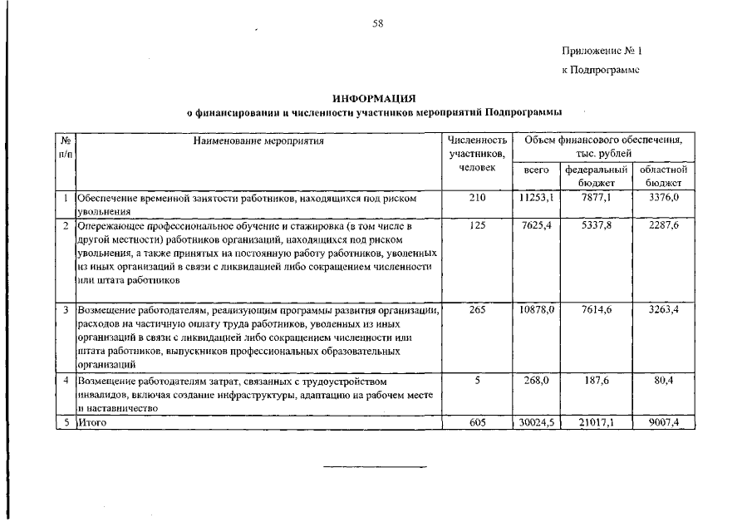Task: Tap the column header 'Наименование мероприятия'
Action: (258, 141)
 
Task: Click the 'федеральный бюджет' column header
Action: (595, 175)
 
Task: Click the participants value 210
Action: (477, 199)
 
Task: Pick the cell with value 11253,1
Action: (537, 199)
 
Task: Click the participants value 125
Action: (477, 225)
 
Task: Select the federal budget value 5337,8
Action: (595, 225)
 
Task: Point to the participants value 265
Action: (477, 309)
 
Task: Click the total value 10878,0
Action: (537, 309)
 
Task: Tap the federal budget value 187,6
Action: (595, 380)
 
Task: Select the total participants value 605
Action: (477, 423)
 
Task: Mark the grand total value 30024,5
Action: (537, 423)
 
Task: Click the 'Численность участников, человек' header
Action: (477, 154)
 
